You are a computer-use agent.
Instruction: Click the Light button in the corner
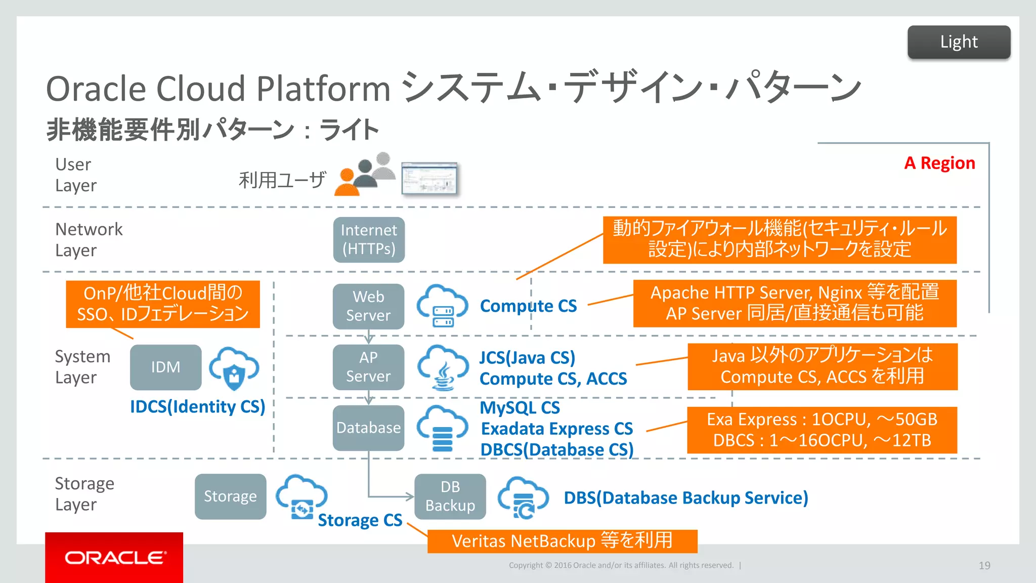pos(959,42)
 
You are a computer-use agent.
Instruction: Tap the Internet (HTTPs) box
pos(369,240)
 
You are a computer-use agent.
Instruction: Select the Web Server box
pos(368,306)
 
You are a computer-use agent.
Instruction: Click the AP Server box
pos(368,367)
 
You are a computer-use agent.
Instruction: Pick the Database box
pos(368,428)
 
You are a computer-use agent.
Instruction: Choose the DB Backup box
pos(450,496)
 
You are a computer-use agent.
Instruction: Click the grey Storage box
pos(230,496)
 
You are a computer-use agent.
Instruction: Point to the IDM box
pos(165,367)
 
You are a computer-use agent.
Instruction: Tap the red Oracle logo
pos(114,557)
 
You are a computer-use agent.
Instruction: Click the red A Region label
pos(939,163)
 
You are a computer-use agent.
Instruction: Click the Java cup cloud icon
pos(443,368)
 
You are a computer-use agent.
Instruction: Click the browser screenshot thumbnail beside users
pos(429,179)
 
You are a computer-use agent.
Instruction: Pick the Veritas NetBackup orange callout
pos(562,541)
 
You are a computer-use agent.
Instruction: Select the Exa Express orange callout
pos(822,430)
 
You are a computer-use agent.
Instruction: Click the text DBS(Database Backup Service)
pos(686,498)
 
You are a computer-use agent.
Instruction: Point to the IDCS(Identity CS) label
pos(197,407)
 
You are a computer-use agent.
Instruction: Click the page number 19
pos(984,565)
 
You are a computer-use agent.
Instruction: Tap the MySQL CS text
pos(520,408)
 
